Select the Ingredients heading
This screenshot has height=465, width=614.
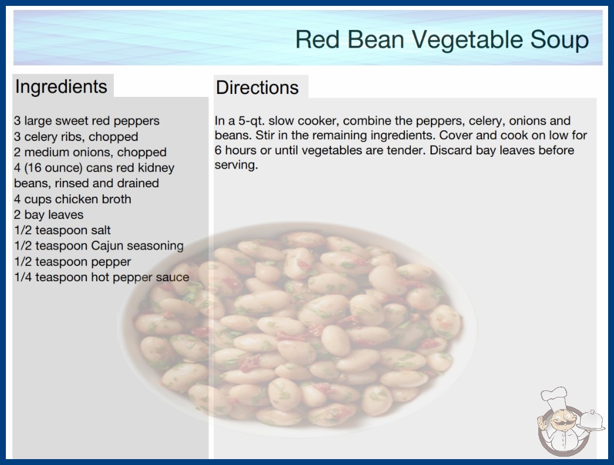pos(61,87)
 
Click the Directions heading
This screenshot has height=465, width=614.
pos(257,87)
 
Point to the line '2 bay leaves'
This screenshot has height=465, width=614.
pos(49,215)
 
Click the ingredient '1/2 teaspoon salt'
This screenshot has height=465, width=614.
pos(62,230)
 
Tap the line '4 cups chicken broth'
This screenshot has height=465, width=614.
pos(72,199)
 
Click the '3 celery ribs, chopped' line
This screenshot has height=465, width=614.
pos(76,137)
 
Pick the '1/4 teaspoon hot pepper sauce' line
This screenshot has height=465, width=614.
pos(102,277)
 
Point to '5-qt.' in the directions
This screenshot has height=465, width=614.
pos(251,121)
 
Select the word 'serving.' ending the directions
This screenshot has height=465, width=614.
pos(236,165)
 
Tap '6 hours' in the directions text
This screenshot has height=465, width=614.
pos(237,150)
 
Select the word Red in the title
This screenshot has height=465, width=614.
pos(317,40)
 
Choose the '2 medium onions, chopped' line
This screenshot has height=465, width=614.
pos(90,152)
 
